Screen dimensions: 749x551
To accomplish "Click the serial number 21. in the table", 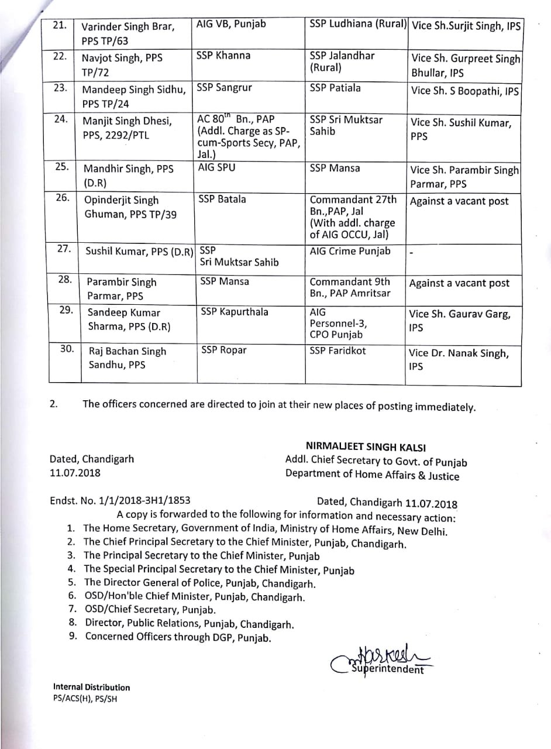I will (x=60, y=25).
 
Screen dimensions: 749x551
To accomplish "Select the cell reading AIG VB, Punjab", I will (x=231, y=24).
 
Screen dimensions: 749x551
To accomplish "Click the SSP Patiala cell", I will (x=335, y=88).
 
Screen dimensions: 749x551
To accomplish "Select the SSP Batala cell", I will (x=223, y=200).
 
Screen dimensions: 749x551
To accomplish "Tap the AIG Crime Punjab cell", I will (x=350, y=251).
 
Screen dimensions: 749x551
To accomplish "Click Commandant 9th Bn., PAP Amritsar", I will (x=350, y=287).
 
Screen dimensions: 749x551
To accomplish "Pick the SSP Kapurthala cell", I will (x=234, y=312).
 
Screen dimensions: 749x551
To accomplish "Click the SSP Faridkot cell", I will (x=338, y=350).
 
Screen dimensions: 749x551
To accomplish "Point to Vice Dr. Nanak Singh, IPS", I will (x=460, y=360).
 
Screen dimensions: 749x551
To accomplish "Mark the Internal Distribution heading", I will (x=91, y=687).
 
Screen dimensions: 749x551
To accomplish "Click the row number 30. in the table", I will (x=67, y=349).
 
